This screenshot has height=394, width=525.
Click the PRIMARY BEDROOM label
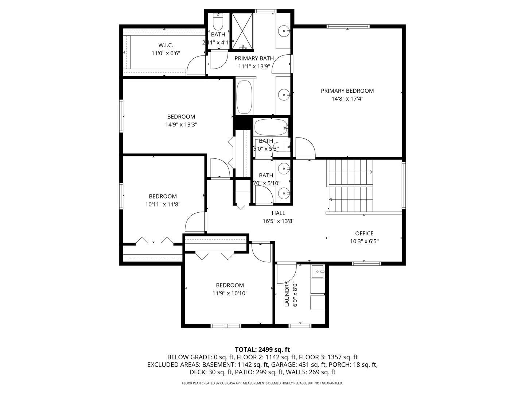[347, 91]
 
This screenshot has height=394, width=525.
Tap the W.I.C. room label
[166, 45]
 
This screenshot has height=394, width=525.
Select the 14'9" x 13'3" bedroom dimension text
[181, 124]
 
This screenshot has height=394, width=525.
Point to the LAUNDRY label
[287, 294]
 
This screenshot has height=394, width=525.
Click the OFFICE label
[364, 233]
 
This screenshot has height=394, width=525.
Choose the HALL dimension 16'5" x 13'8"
[278, 221]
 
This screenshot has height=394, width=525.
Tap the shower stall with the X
[242, 32]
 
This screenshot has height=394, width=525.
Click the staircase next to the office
[350, 186]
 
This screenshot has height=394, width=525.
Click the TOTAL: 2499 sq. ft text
[262, 349]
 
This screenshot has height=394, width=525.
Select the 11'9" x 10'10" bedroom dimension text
[230, 293]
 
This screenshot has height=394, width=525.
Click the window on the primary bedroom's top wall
[348, 26]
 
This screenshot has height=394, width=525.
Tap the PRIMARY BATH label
[254, 58]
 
